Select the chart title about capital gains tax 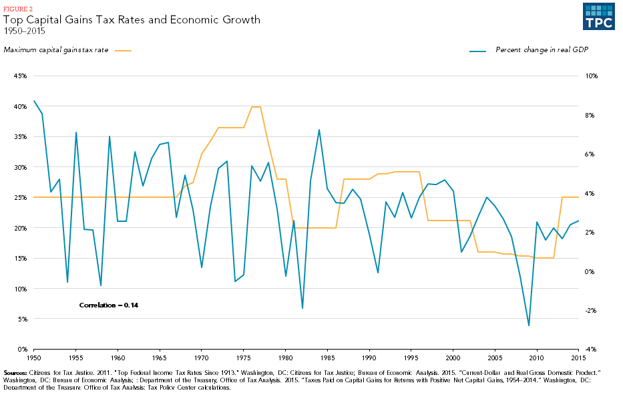[x=132, y=20]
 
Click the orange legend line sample [x=124, y=50]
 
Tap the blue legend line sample [x=478, y=50]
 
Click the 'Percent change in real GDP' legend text [x=542, y=50]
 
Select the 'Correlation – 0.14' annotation [x=108, y=305]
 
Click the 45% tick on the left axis [x=20, y=76]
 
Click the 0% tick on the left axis [x=21, y=350]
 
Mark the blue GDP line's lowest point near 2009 [x=528, y=325]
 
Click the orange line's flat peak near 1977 [x=256, y=107]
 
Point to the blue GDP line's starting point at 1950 [x=34, y=101]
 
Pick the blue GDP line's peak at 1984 [x=319, y=130]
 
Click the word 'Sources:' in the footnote [x=16, y=372]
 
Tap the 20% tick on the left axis [x=20, y=228]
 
